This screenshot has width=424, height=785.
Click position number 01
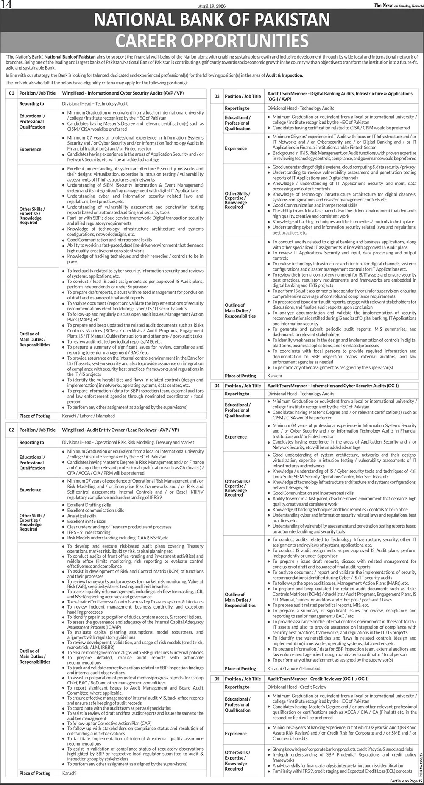[11, 93]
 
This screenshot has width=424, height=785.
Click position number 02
[11, 430]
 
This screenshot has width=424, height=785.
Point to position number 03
[217, 96]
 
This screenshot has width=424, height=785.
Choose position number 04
[217, 386]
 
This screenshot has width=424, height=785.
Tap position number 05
[217, 679]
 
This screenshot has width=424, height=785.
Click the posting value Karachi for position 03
[274, 376]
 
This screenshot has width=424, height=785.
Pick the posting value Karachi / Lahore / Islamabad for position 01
[88, 416]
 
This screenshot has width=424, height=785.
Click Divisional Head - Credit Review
[297, 687]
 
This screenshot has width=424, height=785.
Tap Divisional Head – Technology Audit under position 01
[95, 103]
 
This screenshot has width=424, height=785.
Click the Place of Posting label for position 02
[35, 773]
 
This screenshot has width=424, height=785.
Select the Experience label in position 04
[236, 436]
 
